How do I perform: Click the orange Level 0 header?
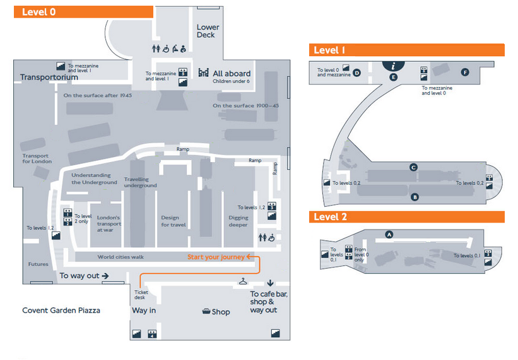[x=83, y=11]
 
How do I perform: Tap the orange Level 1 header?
[x=406, y=50]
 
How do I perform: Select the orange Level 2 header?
[x=406, y=217]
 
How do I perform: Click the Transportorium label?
[x=49, y=78]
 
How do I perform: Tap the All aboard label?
[x=231, y=73]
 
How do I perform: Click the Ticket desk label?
[x=141, y=294]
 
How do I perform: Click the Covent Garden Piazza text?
[x=61, y=310]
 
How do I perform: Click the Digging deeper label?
[x=238, y=221]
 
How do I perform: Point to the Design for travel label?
[x=174, y=221]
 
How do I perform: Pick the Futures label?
[x=38, y=264]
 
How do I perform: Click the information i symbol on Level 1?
[x=394, y=65]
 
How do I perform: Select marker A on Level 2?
[x=389, y=234]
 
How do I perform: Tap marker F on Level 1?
[x=465, y=72]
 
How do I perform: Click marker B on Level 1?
[x=415, y=197]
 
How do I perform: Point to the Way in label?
[x=144, y=310]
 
